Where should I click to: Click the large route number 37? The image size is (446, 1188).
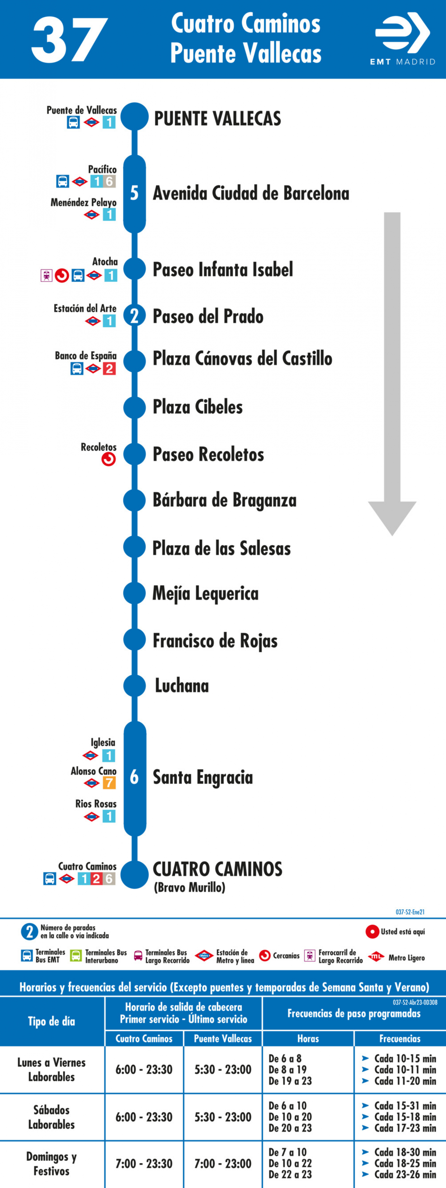(x=69, y=40)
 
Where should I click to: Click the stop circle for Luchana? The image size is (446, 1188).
(x=135, y=685)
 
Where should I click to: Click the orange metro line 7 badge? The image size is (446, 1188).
(x=109, y=783)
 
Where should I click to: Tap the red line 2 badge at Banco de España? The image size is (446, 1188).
(x=109, y=368)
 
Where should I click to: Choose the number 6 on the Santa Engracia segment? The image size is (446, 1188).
(x=134, y=777)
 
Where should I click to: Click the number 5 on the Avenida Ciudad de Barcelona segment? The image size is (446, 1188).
(x=134, y=193)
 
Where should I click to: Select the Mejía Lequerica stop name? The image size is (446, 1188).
(x=205, y=594)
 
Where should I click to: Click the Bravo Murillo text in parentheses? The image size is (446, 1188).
(x=190, y=887)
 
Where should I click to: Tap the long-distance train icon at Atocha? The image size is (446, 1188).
(x=46, y=275)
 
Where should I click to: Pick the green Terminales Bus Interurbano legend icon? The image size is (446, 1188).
(x=76, y=956)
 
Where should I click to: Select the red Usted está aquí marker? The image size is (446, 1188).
(x=372, y=932)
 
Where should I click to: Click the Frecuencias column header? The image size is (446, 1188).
(x=400, y=1038)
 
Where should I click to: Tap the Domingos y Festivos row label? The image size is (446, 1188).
(x=52, y=1163)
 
